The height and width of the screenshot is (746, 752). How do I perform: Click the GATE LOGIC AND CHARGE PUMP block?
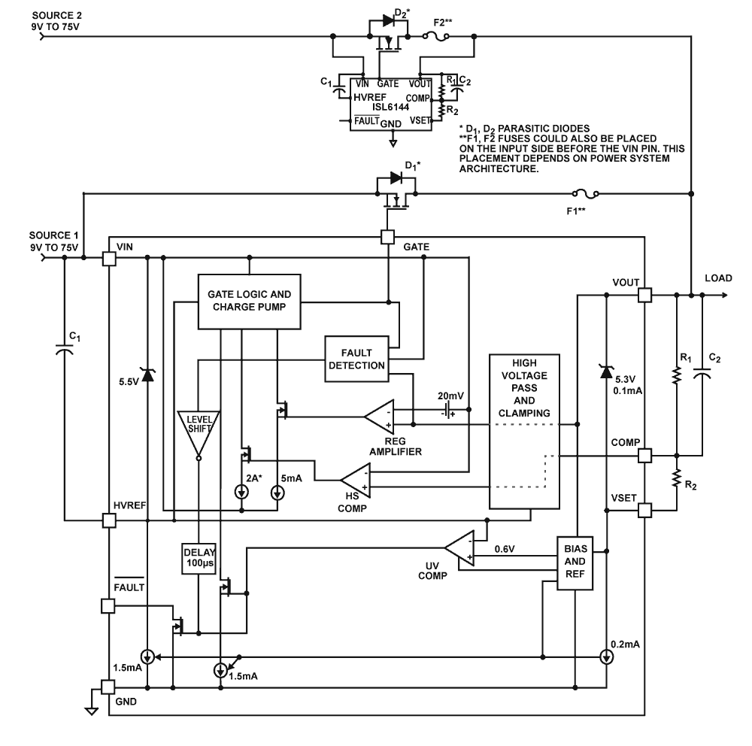coord(247,301)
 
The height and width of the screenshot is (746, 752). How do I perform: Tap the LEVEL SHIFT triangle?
coord(199,431)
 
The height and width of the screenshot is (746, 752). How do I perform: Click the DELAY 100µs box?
coord(198,559)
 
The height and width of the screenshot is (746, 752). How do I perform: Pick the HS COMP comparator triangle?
coord(356,481)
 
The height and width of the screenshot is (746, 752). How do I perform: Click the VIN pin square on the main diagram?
coord(109,258)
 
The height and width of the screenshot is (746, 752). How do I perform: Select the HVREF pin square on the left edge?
coord(109,520)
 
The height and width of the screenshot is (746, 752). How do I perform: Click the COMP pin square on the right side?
coord(645,456)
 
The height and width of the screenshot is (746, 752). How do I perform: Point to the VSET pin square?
coord(645,511)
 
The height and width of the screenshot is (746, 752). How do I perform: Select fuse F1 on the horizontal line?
coord(586,194)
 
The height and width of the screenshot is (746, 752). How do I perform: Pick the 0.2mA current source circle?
coord(606,657)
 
